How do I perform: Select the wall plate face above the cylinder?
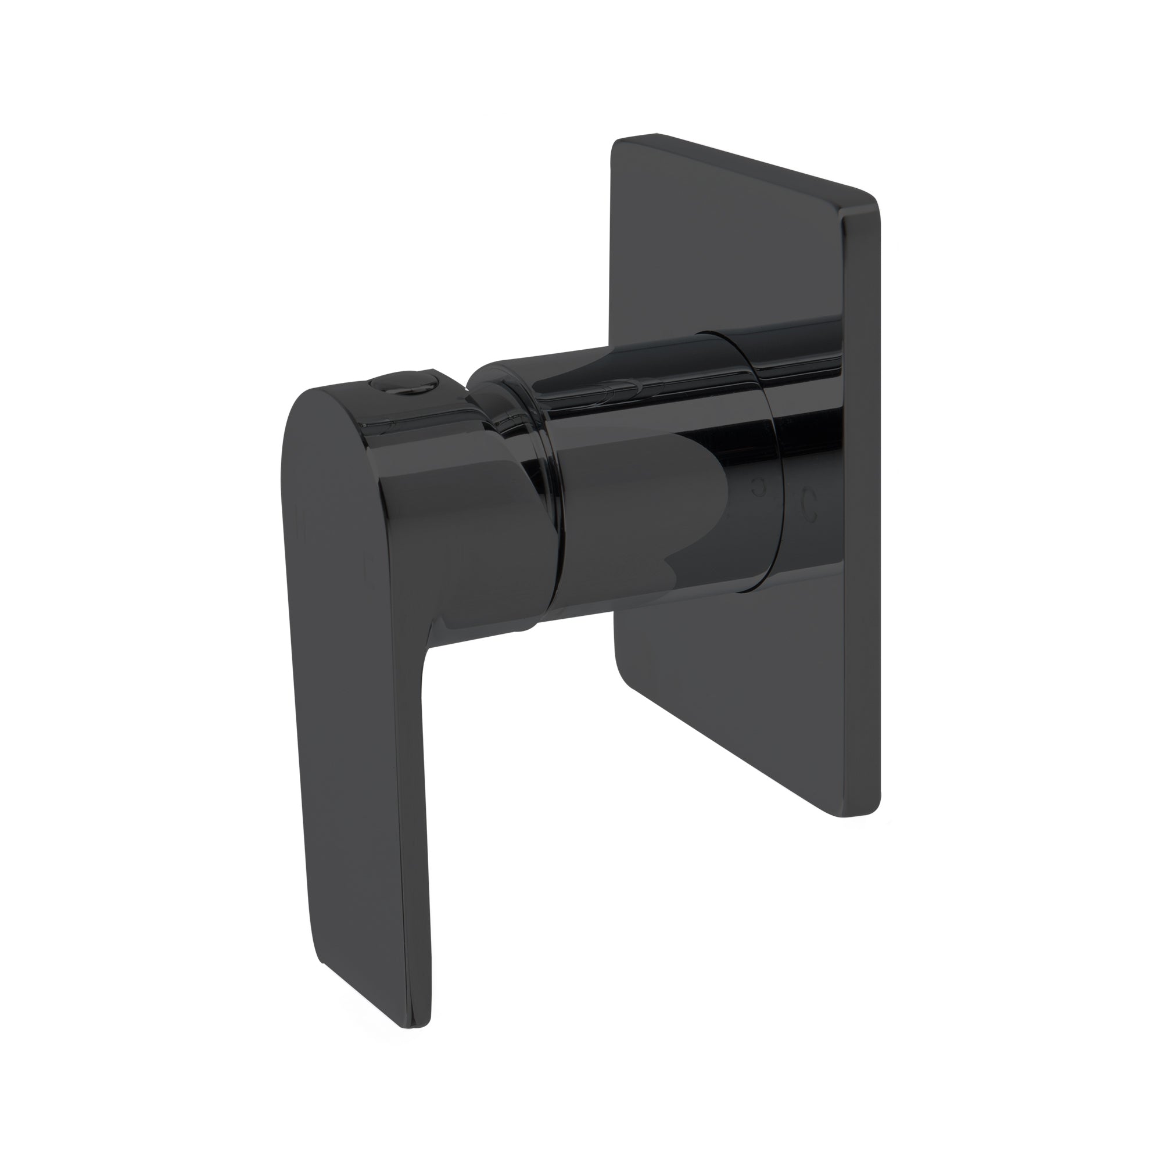pos(722,241)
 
